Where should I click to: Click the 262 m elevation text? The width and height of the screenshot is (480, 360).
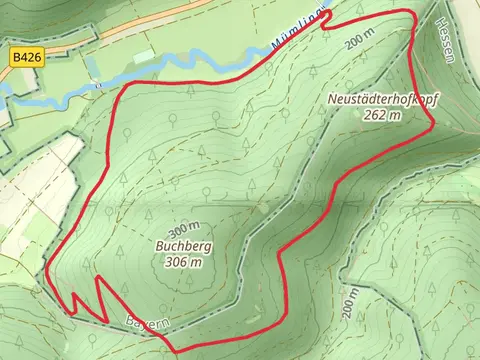click(382, 115)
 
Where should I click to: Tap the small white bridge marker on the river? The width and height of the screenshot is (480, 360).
click(98, 85)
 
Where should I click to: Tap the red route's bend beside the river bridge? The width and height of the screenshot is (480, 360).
click(122, 88)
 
